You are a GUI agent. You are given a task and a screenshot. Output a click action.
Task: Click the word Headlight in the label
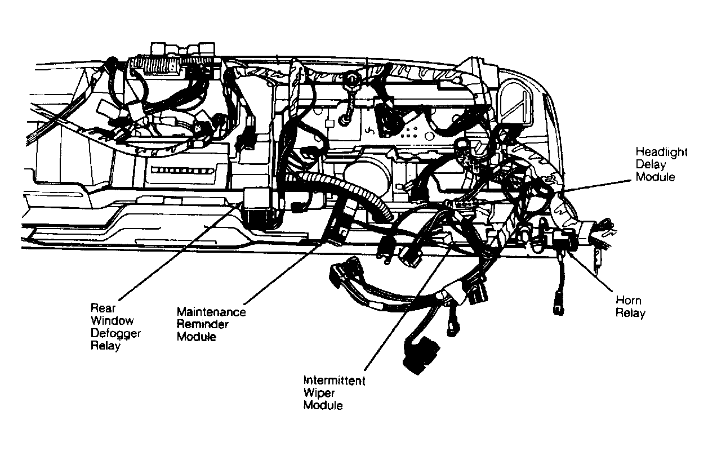[657, 152]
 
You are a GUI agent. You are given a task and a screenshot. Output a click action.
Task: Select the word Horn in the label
[626, 301]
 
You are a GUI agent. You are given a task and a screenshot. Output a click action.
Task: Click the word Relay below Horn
[630, 314]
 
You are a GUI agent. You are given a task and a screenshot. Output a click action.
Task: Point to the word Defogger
[116, 333]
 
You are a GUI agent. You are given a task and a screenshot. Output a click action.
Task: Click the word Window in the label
[112, 321]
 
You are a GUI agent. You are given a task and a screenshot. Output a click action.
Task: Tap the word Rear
[103, 308]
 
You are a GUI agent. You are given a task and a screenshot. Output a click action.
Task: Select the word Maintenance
[211, 312]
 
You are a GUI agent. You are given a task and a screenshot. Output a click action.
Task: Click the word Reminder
[203, 324]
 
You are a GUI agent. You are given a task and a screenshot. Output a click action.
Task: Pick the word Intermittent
[334, 381]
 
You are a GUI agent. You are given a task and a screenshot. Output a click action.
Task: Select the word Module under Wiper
[323, 405]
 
